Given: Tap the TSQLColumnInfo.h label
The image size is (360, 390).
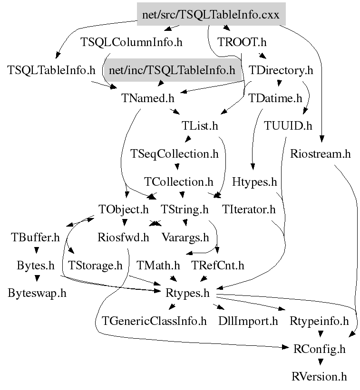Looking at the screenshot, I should click(131, 42).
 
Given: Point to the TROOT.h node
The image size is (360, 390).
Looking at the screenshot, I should click(242, 42).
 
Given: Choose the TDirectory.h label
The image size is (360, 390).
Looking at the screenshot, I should click(281, 71).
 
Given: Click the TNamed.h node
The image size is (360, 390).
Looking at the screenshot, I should click(148, 98).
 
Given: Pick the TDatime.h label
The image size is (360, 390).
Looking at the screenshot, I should click(275, 98).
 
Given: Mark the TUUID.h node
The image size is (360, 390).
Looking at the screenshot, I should click(288, 126).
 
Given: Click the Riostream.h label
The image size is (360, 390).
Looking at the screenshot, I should click(320, 154).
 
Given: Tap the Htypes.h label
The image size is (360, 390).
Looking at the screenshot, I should click(254, 181).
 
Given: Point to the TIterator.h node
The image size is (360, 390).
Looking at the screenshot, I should click(249, 209).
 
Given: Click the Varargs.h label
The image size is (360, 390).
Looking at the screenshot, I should click(185, 237).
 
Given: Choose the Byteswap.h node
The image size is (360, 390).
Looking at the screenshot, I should click(37, 293).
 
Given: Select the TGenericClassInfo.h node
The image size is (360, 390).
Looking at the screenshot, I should click(155, 321).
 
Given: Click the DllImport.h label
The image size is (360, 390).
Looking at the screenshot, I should click(248, 321).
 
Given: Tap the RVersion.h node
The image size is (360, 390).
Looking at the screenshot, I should click(319, 377).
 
